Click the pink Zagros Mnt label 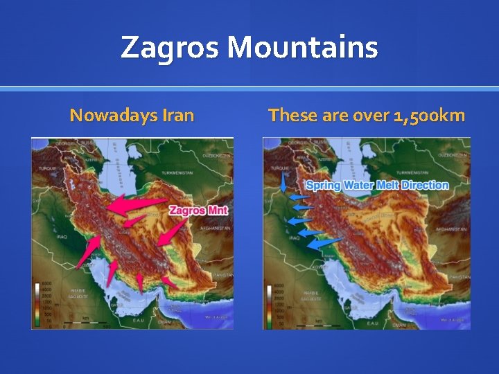tap(198, 210)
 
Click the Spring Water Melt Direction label tap(377, 185)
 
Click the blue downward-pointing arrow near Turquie tap(283, 182)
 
